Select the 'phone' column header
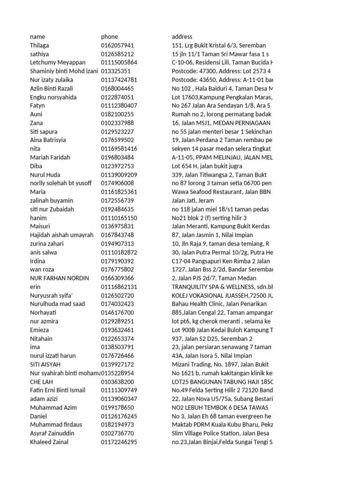pyautogui.click(x=109, y=37)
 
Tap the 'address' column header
pyautogui.click(x=182, y=37)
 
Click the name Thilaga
pyautogui.click(x=39, y=45)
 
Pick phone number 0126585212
pyautogui.click(x=117, y=54)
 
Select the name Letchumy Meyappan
pyautogui.click(x=56, y=62)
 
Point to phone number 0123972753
pyautogui.click(x=117, y=166)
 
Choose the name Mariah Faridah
pyautogui.click(x=50, y=157)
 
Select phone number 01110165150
pyautogui.click(x=119, y=218)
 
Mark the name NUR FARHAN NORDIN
pyautogui.click(x=59, y=278)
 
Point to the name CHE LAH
pyautogui.click(x=41, y=382)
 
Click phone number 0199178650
pyautogui.click(x=117, y=408)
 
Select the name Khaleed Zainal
pyautogui.click(x=49, y=442)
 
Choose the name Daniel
pyautogui.click(x=38, y=416)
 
